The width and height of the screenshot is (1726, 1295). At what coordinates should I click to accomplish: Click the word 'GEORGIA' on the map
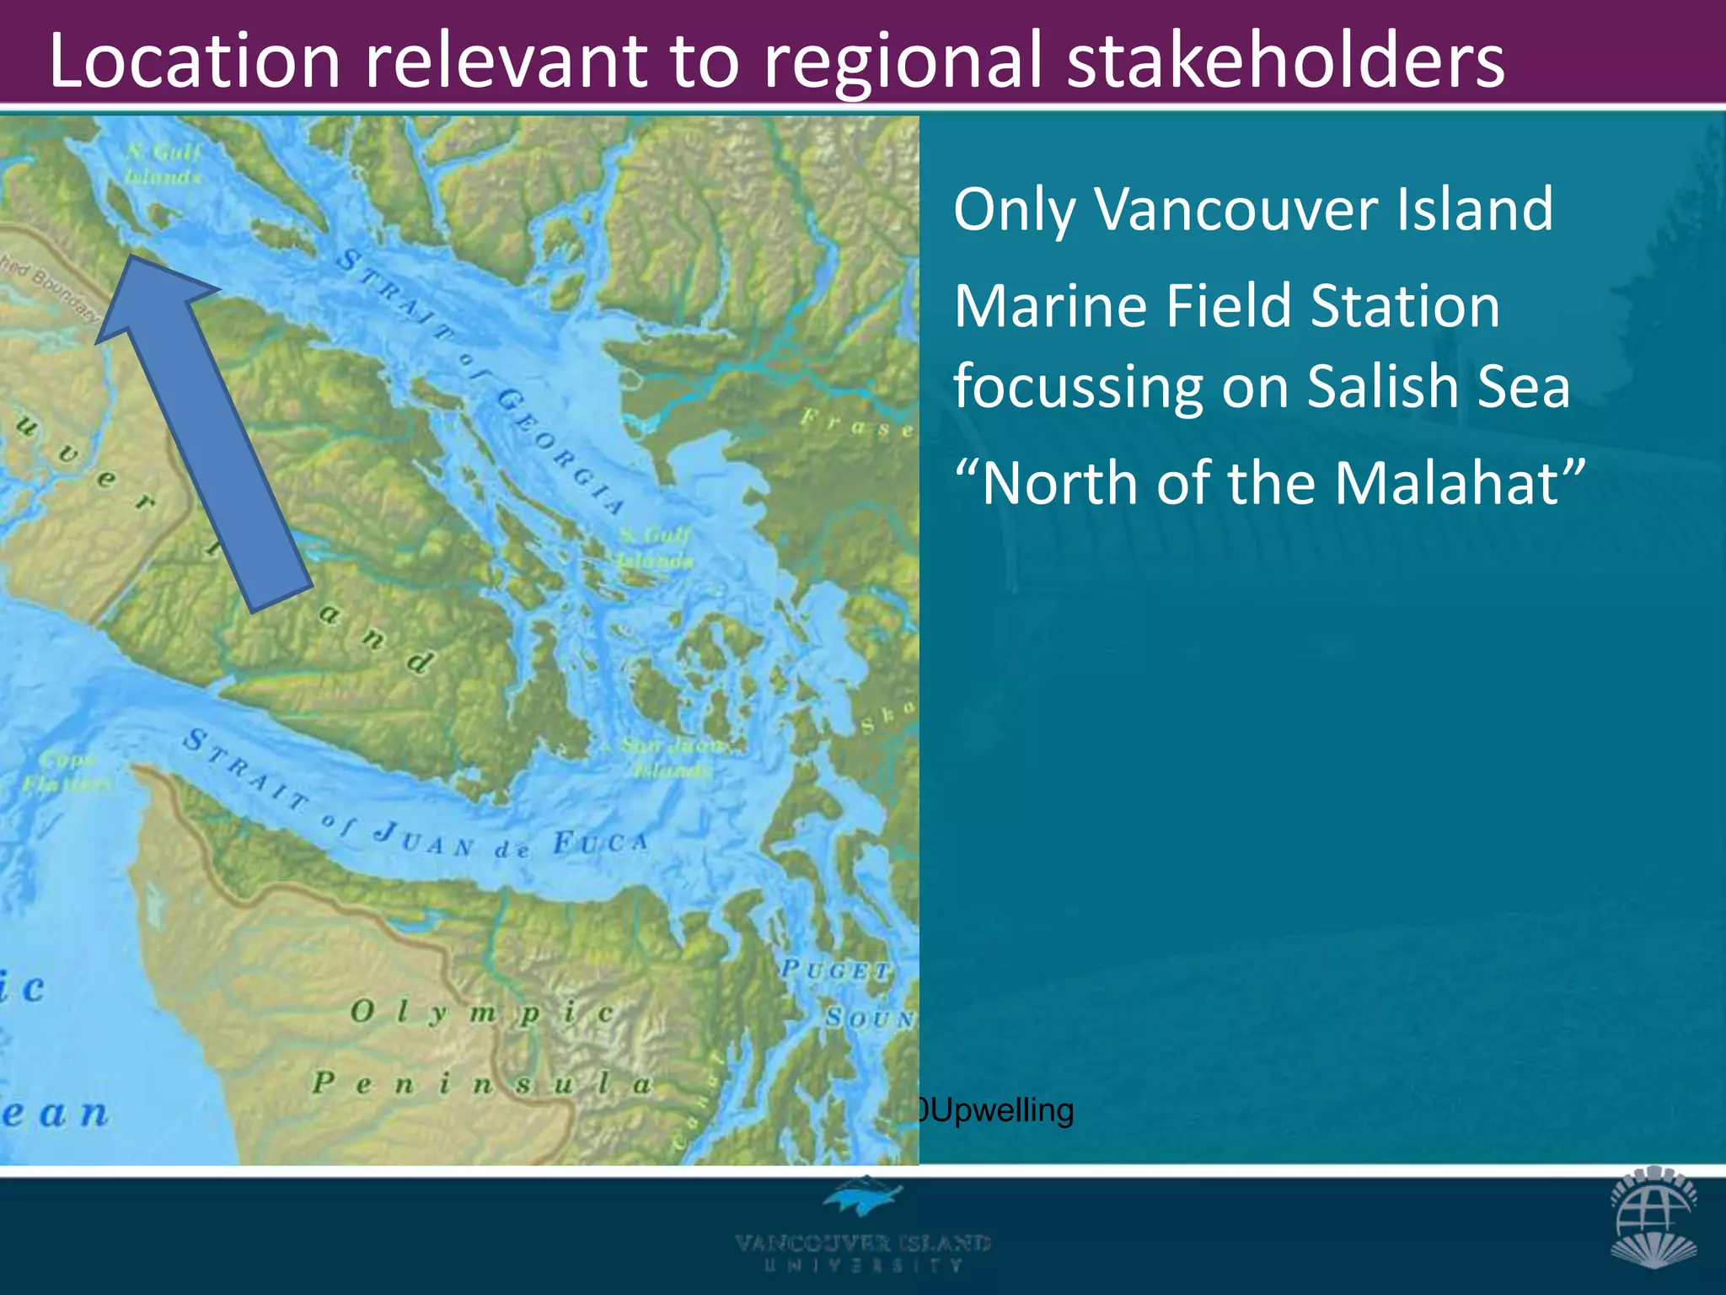[560, 452]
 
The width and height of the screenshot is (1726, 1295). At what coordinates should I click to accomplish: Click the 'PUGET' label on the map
[834, 970]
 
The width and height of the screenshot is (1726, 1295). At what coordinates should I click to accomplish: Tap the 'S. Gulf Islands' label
[653, 547]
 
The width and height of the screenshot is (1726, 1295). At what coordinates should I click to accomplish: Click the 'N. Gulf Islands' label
[163, 164]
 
